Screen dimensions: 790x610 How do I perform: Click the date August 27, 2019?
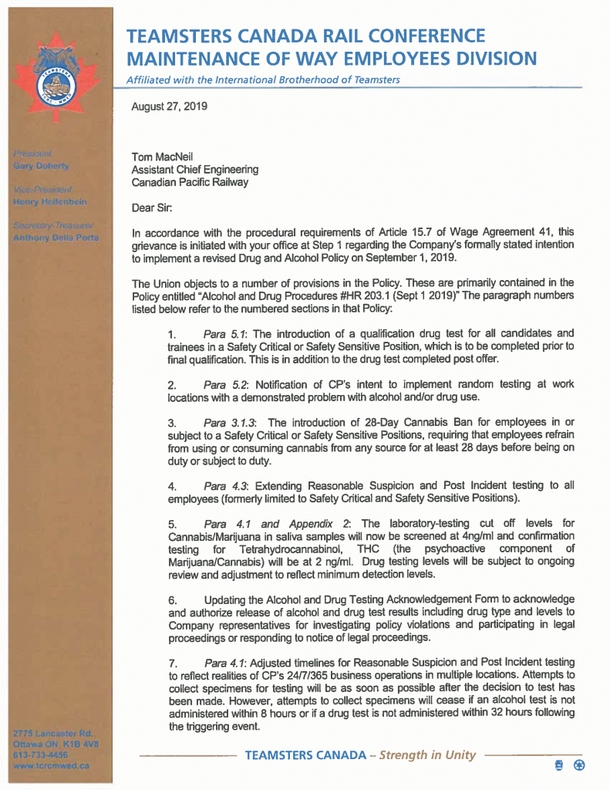tap(169, 106)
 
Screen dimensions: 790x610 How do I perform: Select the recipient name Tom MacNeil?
tap(162, 157)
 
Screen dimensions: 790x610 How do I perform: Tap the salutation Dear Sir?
tap(152, 207)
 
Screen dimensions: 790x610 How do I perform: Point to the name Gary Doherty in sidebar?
tap(41, 166)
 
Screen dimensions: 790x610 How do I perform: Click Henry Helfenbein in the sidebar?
tap(49, 201)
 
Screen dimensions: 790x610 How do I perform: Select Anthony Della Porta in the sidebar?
tap(56, 238)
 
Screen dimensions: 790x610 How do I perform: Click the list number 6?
tap(173, 599)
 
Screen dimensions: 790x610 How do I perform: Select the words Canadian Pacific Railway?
tap(190, 182)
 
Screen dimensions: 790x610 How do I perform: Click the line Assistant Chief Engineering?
tap(194, 170)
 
